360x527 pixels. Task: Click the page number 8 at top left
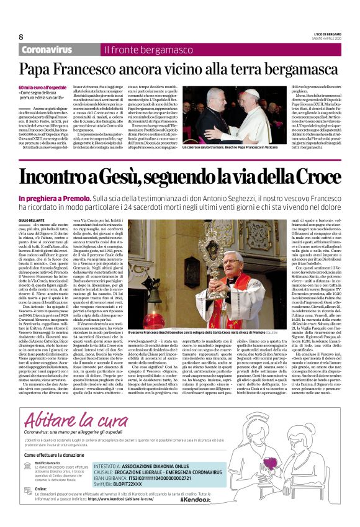click(x=22, y=35)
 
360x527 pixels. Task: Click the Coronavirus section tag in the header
click(x=47, y=49)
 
